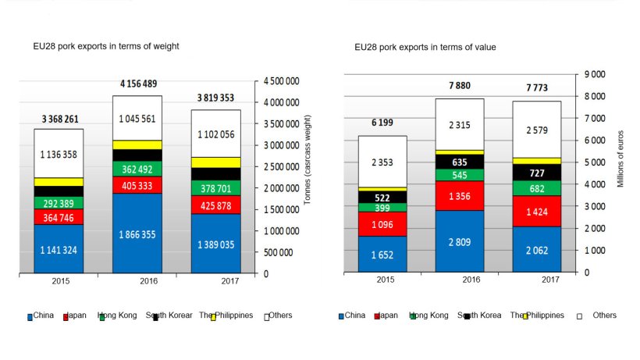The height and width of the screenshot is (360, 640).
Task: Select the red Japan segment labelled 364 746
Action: pos(59,218)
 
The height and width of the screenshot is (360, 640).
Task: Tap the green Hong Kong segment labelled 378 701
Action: pos(216,187)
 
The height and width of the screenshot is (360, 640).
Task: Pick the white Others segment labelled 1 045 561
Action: pos(137,119)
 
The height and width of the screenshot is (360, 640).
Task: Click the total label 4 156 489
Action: pos(137,84)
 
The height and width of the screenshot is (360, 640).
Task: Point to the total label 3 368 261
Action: pos(59,119)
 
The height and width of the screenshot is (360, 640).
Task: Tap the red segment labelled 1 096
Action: pos(383,224)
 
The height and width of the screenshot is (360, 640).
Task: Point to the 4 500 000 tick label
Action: pos(283,80)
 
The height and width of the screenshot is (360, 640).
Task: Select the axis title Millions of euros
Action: pos(621,160)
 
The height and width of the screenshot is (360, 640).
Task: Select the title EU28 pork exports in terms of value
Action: pos(425,48)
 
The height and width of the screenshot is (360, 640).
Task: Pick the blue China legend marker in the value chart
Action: pos(342,317)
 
